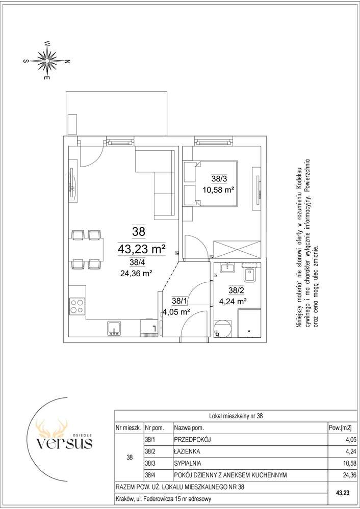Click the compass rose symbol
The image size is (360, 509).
pos(47,61)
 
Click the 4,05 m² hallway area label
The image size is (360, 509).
pos(176,312)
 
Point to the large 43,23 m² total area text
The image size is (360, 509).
pos(141,249)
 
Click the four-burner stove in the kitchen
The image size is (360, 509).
pos(78,306)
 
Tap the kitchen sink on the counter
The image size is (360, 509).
pos(114,328)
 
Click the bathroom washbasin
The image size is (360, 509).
pos(228,268)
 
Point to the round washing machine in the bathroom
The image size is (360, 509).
pos(222,328)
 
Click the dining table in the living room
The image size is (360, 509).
pos(86,249)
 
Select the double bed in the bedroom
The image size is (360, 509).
pos(210,183)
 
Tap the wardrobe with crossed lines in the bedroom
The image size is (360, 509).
pos(237,249)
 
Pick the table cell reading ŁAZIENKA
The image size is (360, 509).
pos(187,451)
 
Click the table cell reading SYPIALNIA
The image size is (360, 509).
pos(188,463)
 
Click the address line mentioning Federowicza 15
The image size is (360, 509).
pos(164,499)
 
